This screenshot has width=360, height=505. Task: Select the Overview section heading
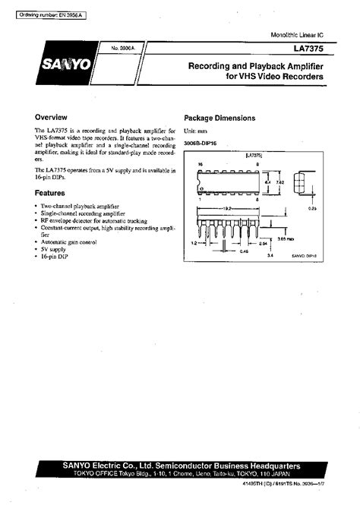[x=52, y=118]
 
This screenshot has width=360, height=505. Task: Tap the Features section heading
[x=49, y=194]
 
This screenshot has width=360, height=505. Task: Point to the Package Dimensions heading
[x=219, y=118]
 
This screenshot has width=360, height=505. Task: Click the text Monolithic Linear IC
[x=298, y=36]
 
